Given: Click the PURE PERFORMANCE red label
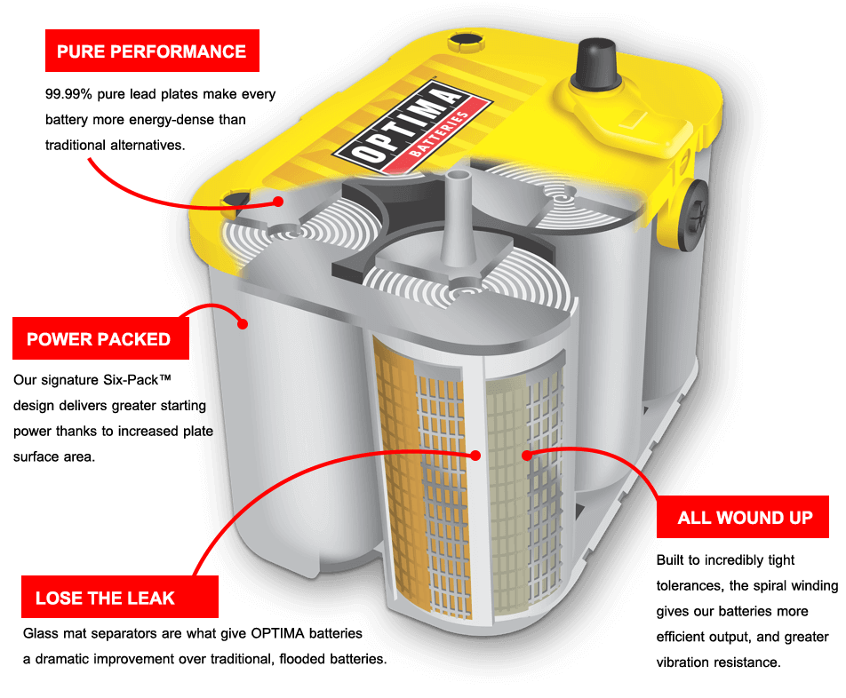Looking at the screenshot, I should (152, 51).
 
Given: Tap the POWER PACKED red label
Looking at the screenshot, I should (100, 339).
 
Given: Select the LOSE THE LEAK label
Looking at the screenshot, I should (119, 598).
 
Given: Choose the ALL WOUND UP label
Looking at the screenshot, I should (745, 517).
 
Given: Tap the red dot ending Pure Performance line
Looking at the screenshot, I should (278, 202).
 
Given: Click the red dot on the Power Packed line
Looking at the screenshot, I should (242, 325).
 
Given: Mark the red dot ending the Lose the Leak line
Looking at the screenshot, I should (475, 456).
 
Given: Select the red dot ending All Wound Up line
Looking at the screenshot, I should (526, 456).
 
